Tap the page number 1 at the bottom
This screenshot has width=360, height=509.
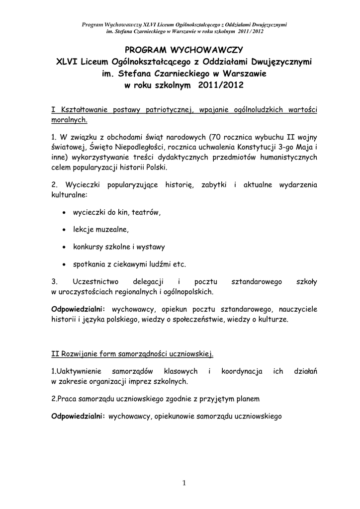(183, 482)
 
